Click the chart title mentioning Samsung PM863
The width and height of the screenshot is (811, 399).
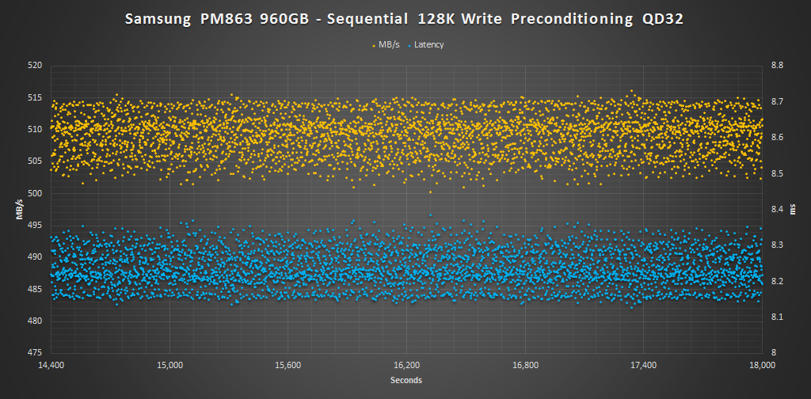(x=405, y=19)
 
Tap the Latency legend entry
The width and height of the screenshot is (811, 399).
(x=427, y=44)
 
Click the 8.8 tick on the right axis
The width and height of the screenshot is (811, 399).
(x=778, y=66)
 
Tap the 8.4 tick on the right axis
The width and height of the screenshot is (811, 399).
(x=778, y=209)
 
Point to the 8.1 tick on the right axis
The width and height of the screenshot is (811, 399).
(x=778, y=317)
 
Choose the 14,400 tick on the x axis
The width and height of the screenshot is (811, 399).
(x=51, y=365)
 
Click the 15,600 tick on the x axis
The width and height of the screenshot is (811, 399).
(x=287, y=365)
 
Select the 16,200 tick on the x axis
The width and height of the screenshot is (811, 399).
(x=406, y=365)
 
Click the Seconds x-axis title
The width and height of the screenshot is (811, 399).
(x=405, y=381)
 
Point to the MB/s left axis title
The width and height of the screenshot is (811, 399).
(x=18, y=210)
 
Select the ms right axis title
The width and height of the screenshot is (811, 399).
(x=794, y=210)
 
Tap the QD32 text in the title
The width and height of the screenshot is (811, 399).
(x=662, y=19)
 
